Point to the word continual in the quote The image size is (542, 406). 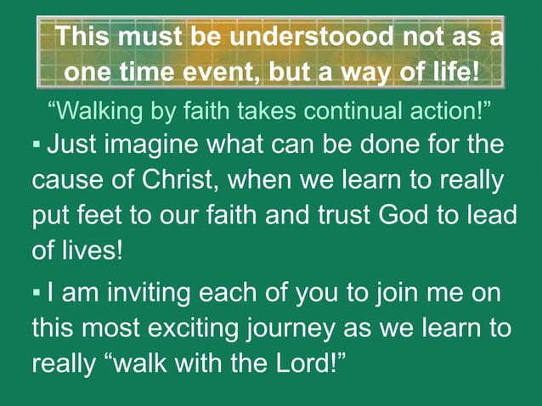tap(364, 110)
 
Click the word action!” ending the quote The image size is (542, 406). tap(454, 110)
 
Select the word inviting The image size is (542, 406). tap(153, 292)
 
